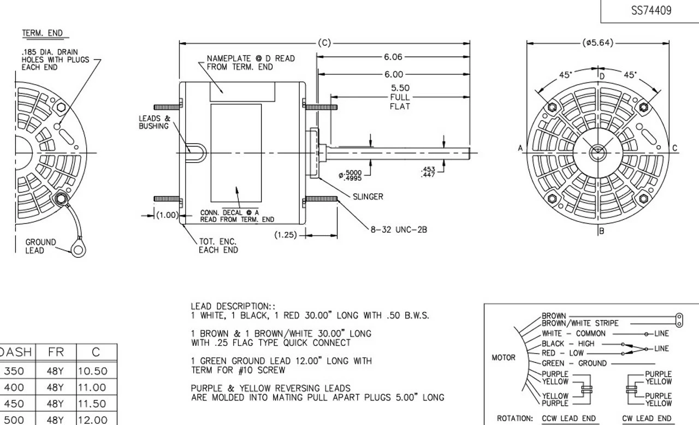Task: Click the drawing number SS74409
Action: point(651,10)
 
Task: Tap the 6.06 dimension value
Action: point(393,57)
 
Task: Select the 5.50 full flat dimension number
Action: point(400,88)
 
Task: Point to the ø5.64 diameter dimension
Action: point(598,43)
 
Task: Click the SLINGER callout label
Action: point(368,197)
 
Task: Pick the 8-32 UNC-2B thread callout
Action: point(399,229)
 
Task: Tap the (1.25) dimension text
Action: point(286,235)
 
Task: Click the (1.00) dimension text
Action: point(168,215)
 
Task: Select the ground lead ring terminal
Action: point(78,250)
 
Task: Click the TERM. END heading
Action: point(43,33)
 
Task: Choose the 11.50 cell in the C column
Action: point(93,404)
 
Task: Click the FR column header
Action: point(56,352)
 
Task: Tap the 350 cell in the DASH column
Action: point(14,371)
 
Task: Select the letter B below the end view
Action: point(602,231)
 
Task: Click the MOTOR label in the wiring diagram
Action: point(503,358)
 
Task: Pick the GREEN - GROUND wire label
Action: point(574,363)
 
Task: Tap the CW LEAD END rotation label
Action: point(647,418)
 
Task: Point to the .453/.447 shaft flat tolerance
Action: point(428,172)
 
